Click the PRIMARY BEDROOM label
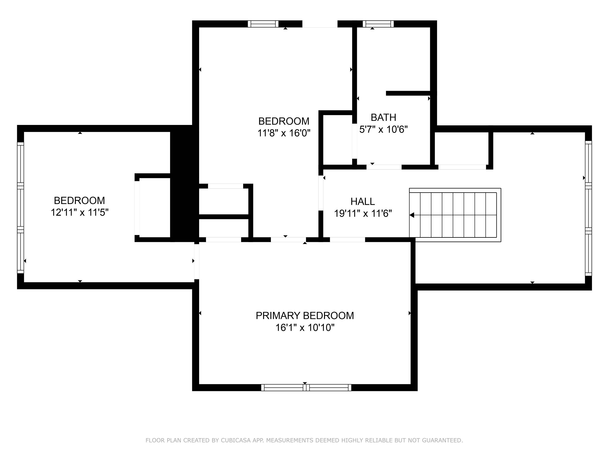(305, 316)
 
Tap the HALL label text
(363, 202)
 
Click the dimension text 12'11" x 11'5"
(79, 212)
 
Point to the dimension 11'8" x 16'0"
(284, 133)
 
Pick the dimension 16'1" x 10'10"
(305, 328)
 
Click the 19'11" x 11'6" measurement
(363, 214)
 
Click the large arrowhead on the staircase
(412, 215)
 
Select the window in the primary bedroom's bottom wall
(306, 388)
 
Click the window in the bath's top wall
(378, 24)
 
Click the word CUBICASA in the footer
(235, 440)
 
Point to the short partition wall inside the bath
(408, 93)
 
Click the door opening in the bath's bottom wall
(384, 167)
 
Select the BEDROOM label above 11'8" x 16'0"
(284, 121)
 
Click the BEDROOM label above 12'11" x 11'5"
(79, 201)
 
